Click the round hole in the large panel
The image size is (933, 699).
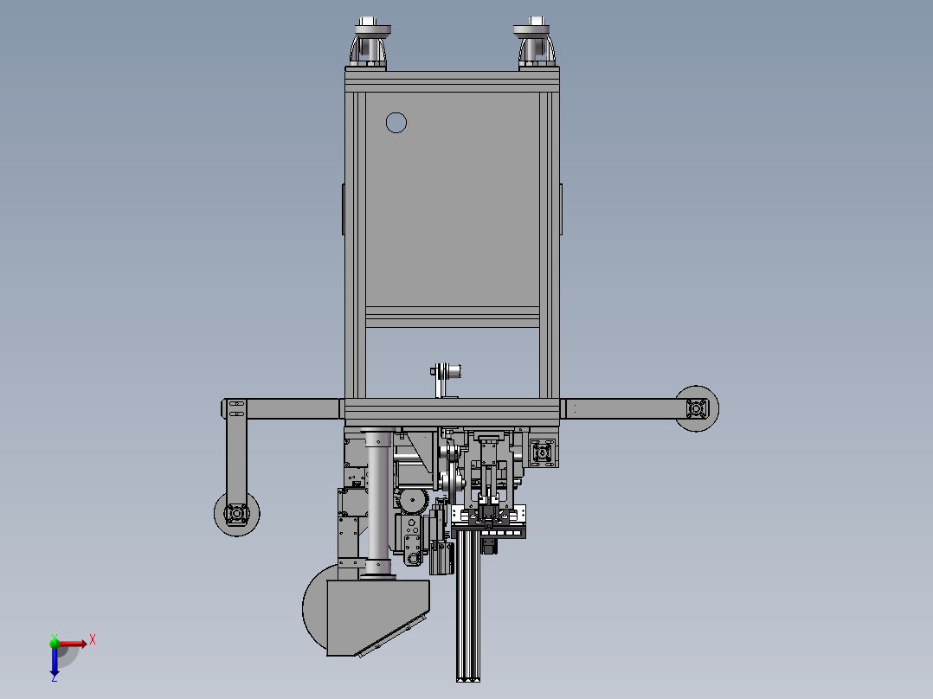click(x=396, y=123)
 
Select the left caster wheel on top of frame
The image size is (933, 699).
click(x=370, y=43)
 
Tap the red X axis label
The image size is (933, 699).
click(x=93, y=640)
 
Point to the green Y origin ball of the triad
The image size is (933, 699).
click(x=55, y=643)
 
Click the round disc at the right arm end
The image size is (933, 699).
click(x=697, y=408)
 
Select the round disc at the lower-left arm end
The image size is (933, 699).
click(x=237, y=513)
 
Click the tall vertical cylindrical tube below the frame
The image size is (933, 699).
click(x=378, y=503)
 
